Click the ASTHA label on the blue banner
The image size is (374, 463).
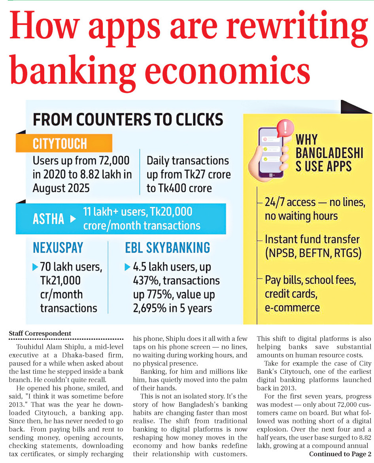click(49, 218)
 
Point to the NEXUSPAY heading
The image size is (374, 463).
click(58, 248)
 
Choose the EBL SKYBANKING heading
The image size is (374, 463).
click(168, 248)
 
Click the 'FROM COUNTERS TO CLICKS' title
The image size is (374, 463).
click(128, 120)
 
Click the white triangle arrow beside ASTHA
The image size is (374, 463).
click(73, 219)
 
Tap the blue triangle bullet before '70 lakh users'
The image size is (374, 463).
click(35, 267)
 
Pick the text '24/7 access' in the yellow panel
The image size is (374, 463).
click(291, 202)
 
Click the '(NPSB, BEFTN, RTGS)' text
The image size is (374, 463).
click(313, 253)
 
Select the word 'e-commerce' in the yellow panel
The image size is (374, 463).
click(292, 307)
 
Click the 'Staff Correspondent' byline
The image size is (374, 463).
click(40, 333)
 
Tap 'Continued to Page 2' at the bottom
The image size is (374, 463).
click(340, 454)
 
